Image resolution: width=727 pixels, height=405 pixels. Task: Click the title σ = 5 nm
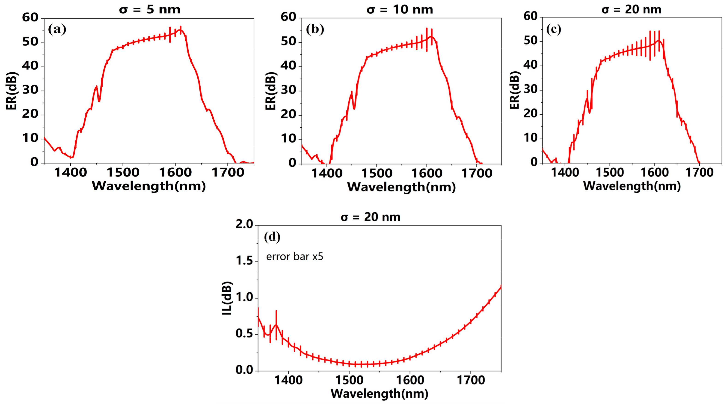[150, 10]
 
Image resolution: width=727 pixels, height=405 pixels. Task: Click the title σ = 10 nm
[400, 10]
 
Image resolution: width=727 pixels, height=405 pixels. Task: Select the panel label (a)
[57, 29]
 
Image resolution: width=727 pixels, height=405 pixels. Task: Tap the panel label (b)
[315, 29]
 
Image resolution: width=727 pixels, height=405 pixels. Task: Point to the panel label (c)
[553, 29]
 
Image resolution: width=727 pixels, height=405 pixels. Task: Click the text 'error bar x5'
[295, 257]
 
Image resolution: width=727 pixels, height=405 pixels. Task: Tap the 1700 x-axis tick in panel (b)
[476, 173]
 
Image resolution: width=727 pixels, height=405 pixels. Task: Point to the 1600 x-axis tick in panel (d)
[410, 380]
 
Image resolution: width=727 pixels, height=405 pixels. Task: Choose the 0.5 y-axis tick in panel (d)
[244, 334]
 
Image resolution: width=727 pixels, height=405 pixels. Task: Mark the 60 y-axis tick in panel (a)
[30, 18]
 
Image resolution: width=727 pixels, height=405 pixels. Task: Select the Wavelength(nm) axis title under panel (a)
[149, 186]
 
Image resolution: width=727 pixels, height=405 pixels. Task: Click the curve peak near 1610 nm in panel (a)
[180, 30]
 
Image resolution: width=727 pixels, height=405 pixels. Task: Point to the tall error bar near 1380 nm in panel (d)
[276, 324]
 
